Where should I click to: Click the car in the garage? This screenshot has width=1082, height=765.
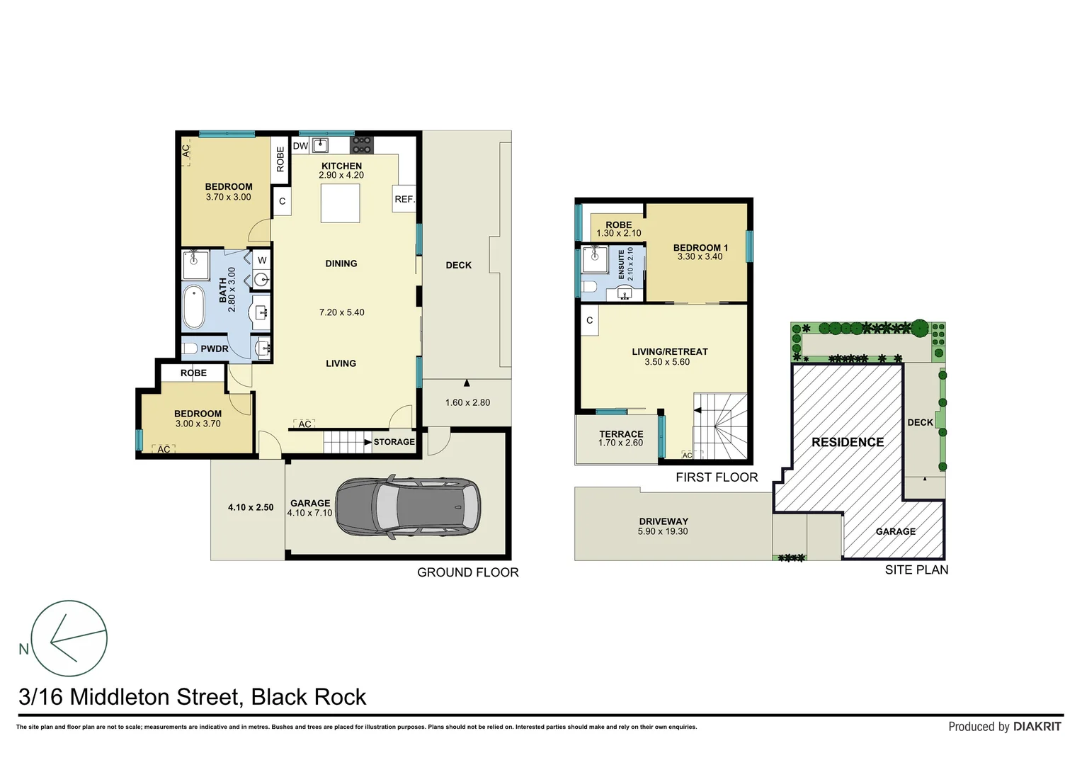pyautogui.click(x=408, y=507)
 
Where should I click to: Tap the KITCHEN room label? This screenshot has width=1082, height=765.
pyautogui.click(x=341, y=166)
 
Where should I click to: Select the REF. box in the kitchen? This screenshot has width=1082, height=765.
pyautogui.click(x=404, y=199)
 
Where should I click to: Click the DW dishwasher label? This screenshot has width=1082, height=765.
pyautogui.click(x=300, y=146)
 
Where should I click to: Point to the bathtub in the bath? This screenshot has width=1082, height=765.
pyautogui.click(x=193, y=307)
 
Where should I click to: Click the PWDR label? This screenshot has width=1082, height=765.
pyautogui.click(x=214, y=348)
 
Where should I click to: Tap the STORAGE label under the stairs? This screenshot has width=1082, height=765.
pyautogui.click(x=394, y=442)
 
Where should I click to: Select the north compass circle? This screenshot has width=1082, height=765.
pyautogui.click(x=69, y=638)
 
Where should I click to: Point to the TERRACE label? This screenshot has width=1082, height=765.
pyautogui.click(x=621, y=434)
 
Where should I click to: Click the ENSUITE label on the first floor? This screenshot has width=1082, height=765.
pyautogui.click(x=622, y=264)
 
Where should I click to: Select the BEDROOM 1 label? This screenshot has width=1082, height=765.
pyautogui.click(x=700, y=248)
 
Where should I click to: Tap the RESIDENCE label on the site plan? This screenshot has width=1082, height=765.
pyautogui.click(x=848, y=442)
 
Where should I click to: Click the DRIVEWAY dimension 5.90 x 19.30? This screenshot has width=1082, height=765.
pyautogui.click(x=662, y=531)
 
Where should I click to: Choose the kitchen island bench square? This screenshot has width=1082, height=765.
pyautogui.click(x=340, y=203)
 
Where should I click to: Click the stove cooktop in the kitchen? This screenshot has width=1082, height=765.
pyautogui.click(x=361, y=144)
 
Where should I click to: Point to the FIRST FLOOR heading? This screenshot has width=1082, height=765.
pyautogui.click(x=717, y=477)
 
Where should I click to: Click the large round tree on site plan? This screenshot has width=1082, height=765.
pyautogui.click(x=920, y=328)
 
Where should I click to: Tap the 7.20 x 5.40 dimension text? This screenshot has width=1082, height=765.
pyautogui.click(x=341, y=312)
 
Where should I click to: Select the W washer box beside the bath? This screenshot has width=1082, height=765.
pyautogui.click(x=262, y=260)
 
